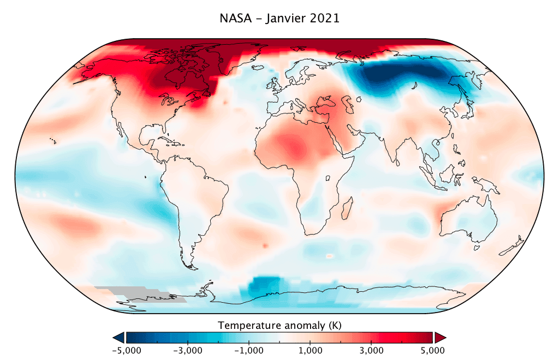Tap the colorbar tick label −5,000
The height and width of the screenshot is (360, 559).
126,350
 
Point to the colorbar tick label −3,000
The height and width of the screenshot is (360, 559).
188,350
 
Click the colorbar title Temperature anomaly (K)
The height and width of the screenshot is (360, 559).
279,326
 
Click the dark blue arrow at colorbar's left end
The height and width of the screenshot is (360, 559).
117,337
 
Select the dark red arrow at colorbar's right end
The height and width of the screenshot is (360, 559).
441,337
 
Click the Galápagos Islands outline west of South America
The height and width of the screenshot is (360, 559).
146,177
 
